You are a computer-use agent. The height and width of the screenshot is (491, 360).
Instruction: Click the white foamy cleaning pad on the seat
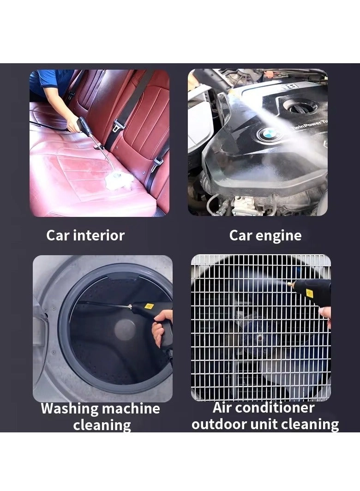[x=116, y=181]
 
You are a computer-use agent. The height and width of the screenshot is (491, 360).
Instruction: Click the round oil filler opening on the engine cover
[x=300, y=106]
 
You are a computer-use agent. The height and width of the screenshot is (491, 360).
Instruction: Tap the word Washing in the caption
[x=69, y=408]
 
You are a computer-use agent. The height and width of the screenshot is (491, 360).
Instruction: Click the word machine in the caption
[x=131, y=408]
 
